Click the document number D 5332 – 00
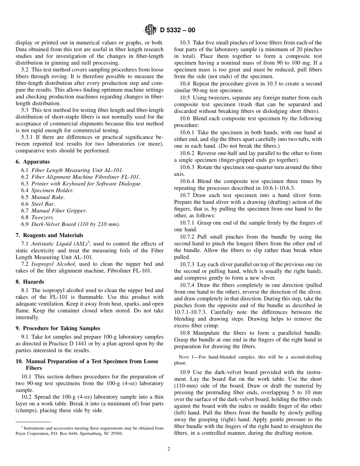tap(178, 30)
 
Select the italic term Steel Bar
tap(43, 204)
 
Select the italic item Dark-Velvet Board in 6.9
tap(55, 224)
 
